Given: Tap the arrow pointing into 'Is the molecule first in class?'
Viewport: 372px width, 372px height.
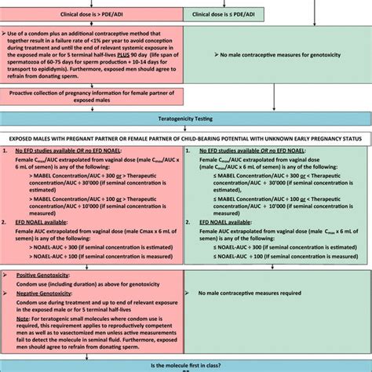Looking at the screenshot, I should click(186, 355).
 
